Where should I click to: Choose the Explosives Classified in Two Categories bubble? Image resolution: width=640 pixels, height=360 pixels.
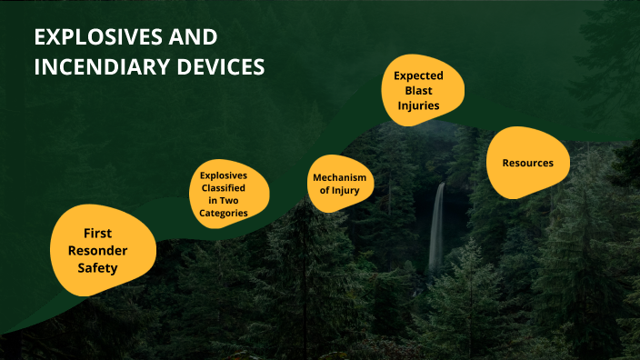click(223, 193)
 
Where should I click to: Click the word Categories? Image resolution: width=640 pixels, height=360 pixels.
click(223, 213)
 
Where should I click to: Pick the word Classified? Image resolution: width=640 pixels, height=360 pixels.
click(223, 187)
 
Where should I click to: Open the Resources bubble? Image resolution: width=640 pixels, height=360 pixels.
click(528, 163)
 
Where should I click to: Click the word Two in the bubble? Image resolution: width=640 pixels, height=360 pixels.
click(235, 200)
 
